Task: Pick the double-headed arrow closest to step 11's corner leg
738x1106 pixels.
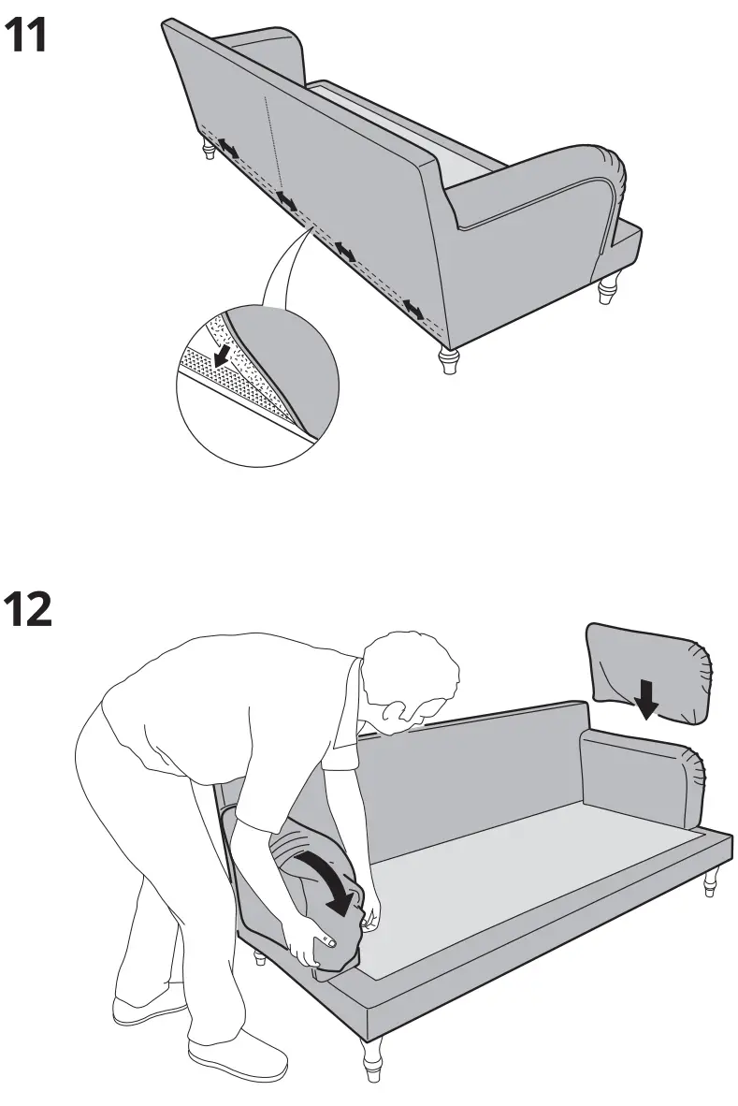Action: pyautogui.click(x=412, y=308)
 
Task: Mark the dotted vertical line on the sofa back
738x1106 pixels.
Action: pyautogui.click(x=272, y=140)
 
